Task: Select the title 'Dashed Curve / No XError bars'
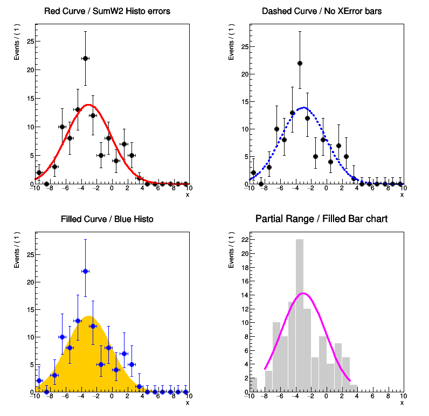321,11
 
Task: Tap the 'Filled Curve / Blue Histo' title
107,219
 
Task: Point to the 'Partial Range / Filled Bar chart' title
321,219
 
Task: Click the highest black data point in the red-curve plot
85,58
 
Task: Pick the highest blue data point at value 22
85,271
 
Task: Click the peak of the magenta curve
303,293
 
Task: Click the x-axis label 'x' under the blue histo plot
187,403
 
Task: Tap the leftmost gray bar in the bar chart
253,385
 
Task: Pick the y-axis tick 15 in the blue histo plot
30,309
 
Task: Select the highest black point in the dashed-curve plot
300,63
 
